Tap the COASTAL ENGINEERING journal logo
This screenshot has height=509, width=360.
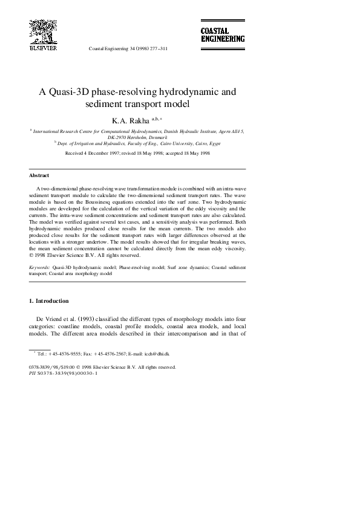pyautogui.click(x=223, y=34)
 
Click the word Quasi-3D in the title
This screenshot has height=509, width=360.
pyautogui.click(x=70, y=92)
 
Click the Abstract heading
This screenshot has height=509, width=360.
pyautogui.click(x=39, y=176)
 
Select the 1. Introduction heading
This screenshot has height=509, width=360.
pyautogui.click(x=49, y=300)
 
